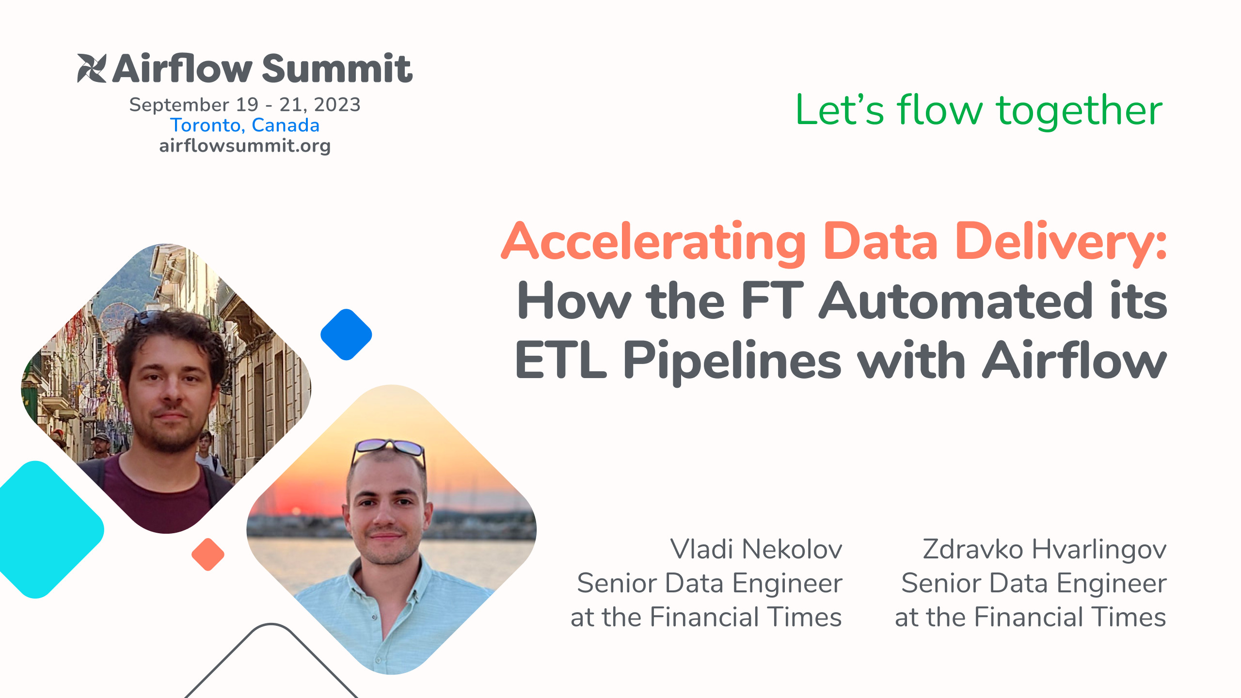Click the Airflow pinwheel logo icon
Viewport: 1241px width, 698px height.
tap(92, 68)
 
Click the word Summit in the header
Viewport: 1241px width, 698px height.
tap(337, 69)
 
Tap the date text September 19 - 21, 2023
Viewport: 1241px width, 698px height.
tap(245, 105)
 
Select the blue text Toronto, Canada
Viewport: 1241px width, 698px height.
tap(245, 125)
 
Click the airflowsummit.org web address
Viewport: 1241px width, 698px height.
tap(245, 145)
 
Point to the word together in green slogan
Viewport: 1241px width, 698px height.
tap(1079, 111)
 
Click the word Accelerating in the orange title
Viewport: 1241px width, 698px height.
tap(653, 241)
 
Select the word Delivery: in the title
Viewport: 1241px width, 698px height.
tap(1061, 241)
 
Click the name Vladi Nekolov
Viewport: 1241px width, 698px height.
tap(756, 549)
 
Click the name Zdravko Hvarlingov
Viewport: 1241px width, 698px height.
tap(1044, 549)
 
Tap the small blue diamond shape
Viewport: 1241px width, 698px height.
tap(346, 334)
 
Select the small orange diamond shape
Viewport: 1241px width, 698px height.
tap(208, 554)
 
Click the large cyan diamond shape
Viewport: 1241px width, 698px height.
tap(41, 529)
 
